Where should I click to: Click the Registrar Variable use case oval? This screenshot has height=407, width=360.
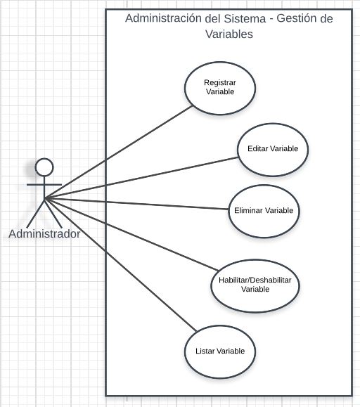tap(220, 89)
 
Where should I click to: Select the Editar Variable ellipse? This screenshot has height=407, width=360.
tap(273, 150)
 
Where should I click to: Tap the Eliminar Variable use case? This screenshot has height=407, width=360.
tap(264, 212)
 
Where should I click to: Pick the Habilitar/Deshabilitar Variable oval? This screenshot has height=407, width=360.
tap(255, 286)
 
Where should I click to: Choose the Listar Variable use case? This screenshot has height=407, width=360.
tap(220, 351)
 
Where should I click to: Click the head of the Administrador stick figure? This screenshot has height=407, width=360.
tap(44, 167)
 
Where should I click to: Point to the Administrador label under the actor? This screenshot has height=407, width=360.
tap(44, 234)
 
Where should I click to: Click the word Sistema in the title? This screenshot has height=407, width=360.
tap(245, 18)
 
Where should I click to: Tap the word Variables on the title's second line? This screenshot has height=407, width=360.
tap(229, 34)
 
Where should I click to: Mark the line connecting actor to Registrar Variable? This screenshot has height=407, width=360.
tap(119, 152)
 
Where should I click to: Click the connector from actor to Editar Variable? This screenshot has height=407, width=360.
tap(141, 178)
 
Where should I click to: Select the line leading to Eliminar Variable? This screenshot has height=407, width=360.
tap(136, 204)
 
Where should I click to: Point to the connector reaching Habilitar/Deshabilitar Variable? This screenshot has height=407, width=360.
tap(131, 234)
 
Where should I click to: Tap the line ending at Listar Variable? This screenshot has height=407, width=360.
tap(121, 265)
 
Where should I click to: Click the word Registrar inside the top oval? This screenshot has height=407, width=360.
tap(220, 83)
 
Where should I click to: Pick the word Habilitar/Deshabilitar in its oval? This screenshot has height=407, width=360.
tap(255, 280)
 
